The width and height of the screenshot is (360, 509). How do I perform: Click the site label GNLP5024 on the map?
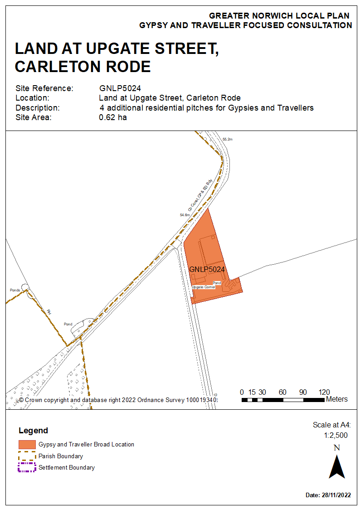[207, 269]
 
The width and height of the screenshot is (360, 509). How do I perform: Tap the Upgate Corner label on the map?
[204, 287]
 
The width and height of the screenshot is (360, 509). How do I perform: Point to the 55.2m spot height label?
[228, 139]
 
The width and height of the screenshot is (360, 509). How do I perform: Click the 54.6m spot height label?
[185, 215]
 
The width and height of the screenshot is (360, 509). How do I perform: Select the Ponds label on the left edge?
[15, 289]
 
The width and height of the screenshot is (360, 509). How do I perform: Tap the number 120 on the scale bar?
[324, 392]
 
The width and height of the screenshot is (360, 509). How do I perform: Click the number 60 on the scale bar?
[282, 392]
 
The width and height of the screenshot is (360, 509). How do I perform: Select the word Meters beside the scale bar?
[336, 399]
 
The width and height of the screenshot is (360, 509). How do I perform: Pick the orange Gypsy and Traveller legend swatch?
[27, 445]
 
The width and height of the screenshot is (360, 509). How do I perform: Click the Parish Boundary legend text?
[61, 456]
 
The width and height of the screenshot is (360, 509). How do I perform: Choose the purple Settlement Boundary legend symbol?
[27, 467]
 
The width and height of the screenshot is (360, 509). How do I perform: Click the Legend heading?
[33, 431]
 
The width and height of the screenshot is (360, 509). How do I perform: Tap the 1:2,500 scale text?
[336, 435]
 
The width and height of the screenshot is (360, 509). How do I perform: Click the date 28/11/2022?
[336, 495]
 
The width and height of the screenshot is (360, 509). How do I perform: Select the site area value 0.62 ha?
[112, 118]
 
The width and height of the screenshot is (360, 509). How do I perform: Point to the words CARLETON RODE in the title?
[83, 67]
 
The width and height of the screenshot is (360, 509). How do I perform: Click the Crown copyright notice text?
[118, 400]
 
